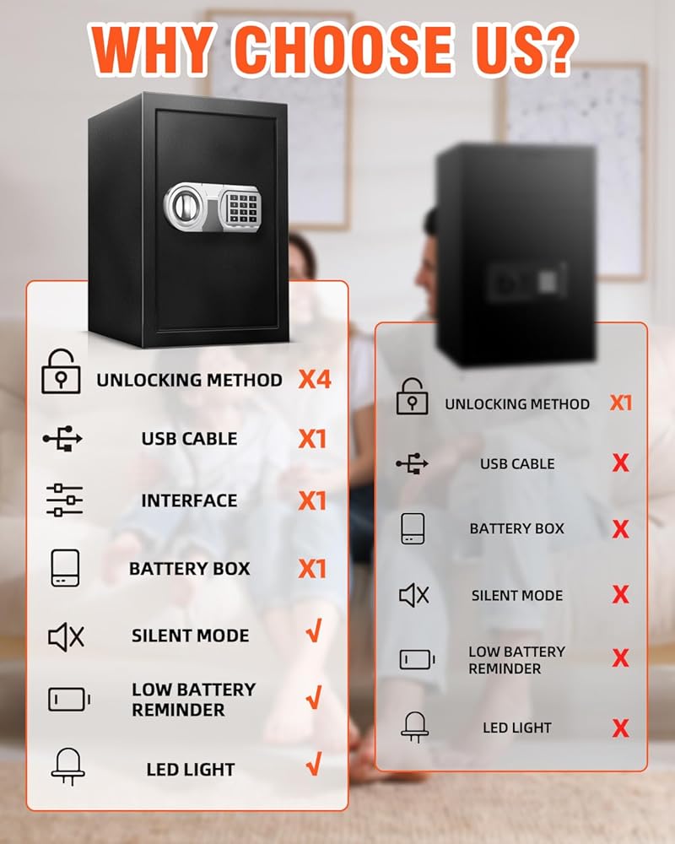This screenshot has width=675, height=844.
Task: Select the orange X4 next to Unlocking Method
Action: click(x=315, y=379)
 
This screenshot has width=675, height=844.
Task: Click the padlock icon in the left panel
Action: click(x=61, y=372)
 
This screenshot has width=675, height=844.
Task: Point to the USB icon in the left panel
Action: click(x=62, y=439)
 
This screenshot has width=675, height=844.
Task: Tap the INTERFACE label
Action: click(x=189, y=500)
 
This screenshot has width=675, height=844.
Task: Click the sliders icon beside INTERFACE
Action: click(x=64, y=500)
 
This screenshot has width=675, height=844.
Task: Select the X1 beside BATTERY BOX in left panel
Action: click(x=312, y=569)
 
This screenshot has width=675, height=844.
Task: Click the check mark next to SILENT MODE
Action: click(x=314, y=632)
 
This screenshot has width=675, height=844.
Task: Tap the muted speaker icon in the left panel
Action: click(x=66, y=636)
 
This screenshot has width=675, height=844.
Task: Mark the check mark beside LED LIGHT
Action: click(x=314, y=766)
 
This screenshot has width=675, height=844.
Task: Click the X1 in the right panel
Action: click(x=620, y=403)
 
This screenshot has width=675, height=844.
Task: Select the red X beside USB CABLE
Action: click(x=620, y=463)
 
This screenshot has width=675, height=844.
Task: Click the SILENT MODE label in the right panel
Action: click(x=516, y=595)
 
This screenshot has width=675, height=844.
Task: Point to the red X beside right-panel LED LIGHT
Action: click(x=620, y=728)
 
